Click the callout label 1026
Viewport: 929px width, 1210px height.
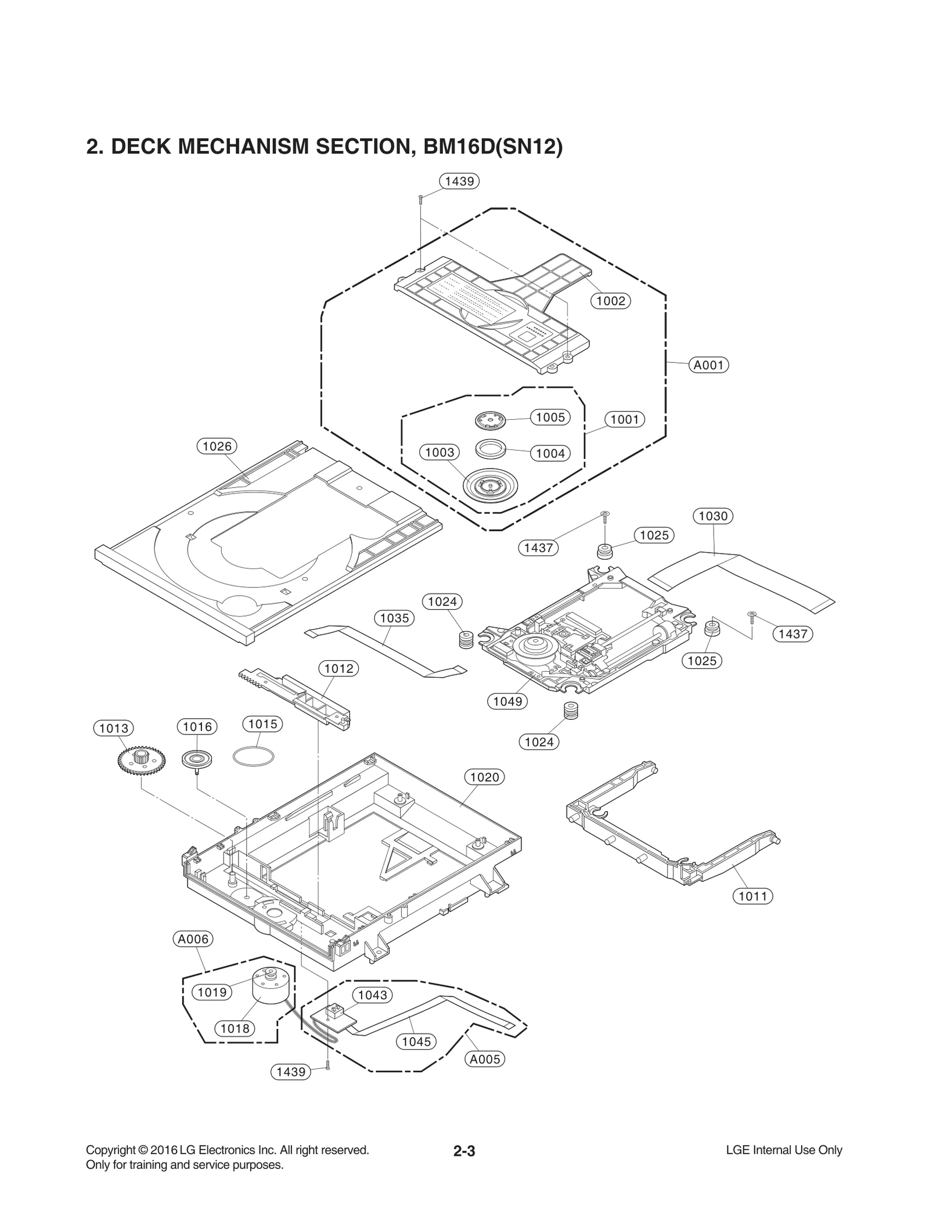click(217, 446)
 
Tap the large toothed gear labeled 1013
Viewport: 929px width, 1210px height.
click(141, 761)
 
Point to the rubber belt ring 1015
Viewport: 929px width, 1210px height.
click(253, 757)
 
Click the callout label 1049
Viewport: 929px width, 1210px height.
click(507, 701)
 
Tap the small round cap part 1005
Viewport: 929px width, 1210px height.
click(490, 419)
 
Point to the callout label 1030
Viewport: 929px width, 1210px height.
click(713, 516)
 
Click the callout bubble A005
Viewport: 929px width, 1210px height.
click(485, 1059)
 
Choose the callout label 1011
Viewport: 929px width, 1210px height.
click(753, 896)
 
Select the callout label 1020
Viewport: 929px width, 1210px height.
click(484, 777)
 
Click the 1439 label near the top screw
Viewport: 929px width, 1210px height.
click(459, 181)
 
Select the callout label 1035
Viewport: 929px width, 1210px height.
click(394, 618)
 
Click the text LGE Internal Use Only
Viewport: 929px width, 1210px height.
click(784, 1150)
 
